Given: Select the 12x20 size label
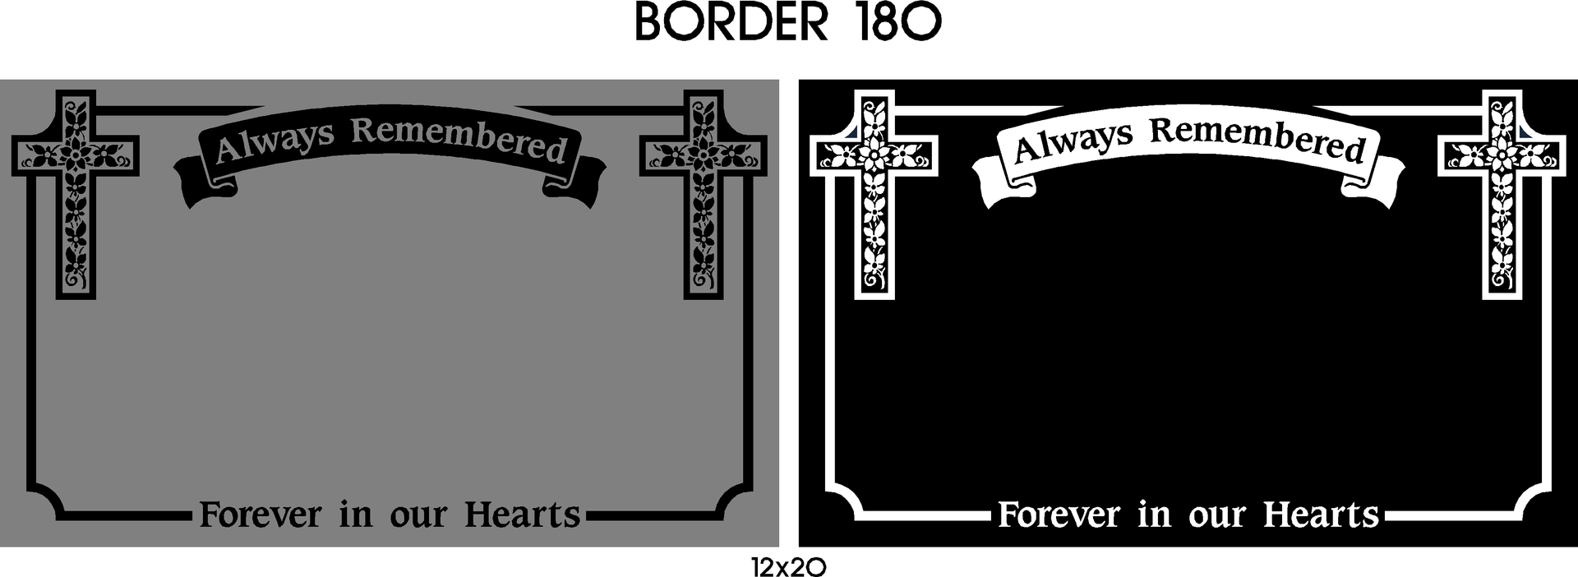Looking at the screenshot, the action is click(x=788, y=567).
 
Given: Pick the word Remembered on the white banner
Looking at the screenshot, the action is click(x=1258, y=138).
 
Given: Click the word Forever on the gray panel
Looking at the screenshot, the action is click(x=261, y=515).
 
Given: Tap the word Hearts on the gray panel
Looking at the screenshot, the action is click(x=523, y=515).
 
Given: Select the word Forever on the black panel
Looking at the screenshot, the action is click(x=1059, y=515).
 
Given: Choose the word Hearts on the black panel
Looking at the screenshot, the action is click(x=1322, y=515).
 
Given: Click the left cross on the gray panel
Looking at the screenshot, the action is click(x=75, y=195).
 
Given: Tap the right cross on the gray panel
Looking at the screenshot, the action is click(x=704, y=195).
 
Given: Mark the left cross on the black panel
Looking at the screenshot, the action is click(x=874, y=195).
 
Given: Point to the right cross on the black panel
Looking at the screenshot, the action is click(x=1502, y=195).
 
